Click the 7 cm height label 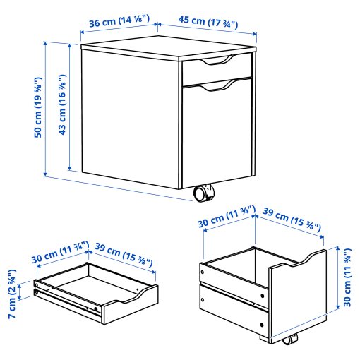pos(12,293)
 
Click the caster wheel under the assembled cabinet pos(204,192)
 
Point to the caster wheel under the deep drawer pos(289,342)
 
